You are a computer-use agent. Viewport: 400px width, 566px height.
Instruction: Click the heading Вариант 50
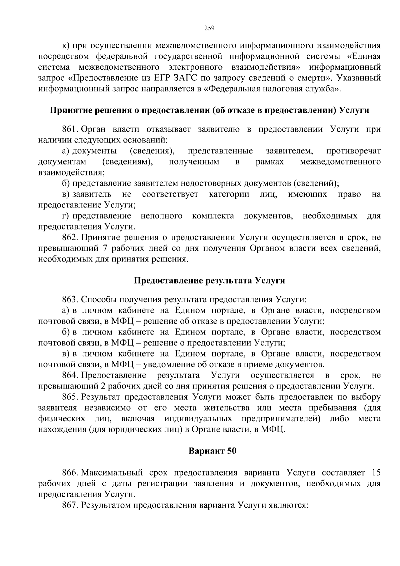[212, 451]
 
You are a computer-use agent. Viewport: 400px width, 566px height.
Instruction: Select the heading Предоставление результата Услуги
[209, 280]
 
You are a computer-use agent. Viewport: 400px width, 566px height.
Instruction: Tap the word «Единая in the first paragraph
[362, 56]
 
